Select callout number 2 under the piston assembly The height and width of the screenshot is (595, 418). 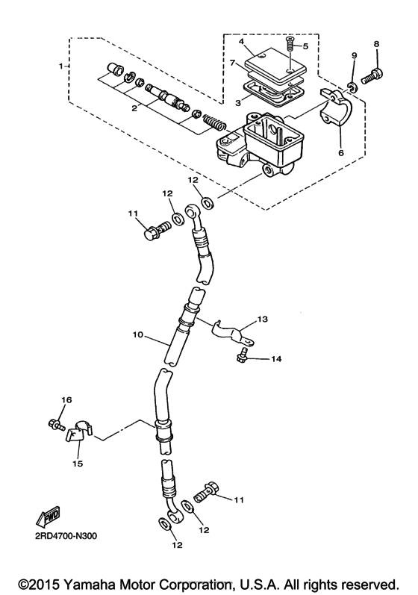coord(134,108)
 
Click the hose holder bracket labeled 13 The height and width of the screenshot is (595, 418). coord(234,332)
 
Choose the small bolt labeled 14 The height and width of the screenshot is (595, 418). coord(243,359)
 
